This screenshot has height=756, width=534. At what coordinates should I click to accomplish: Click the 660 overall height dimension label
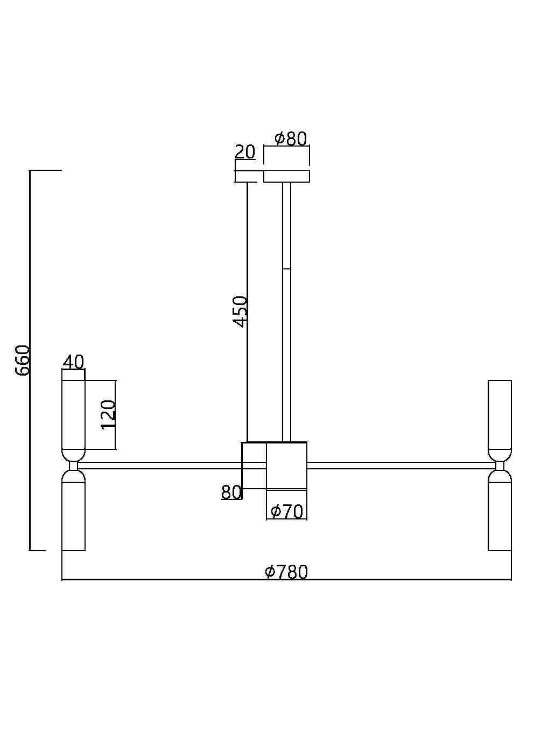23,360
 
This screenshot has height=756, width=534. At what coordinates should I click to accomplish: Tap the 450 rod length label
241,311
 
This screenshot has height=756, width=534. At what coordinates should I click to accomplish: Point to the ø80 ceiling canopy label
291,138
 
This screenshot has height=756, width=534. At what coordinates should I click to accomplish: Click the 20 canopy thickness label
245,152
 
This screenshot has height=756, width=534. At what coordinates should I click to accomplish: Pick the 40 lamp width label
74,362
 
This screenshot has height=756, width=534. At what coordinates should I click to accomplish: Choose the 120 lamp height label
108,415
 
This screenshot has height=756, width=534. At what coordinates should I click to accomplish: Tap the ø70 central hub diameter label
287,511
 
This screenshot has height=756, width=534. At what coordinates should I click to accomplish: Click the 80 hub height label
231,493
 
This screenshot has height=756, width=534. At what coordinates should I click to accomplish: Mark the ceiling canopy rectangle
286,176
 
